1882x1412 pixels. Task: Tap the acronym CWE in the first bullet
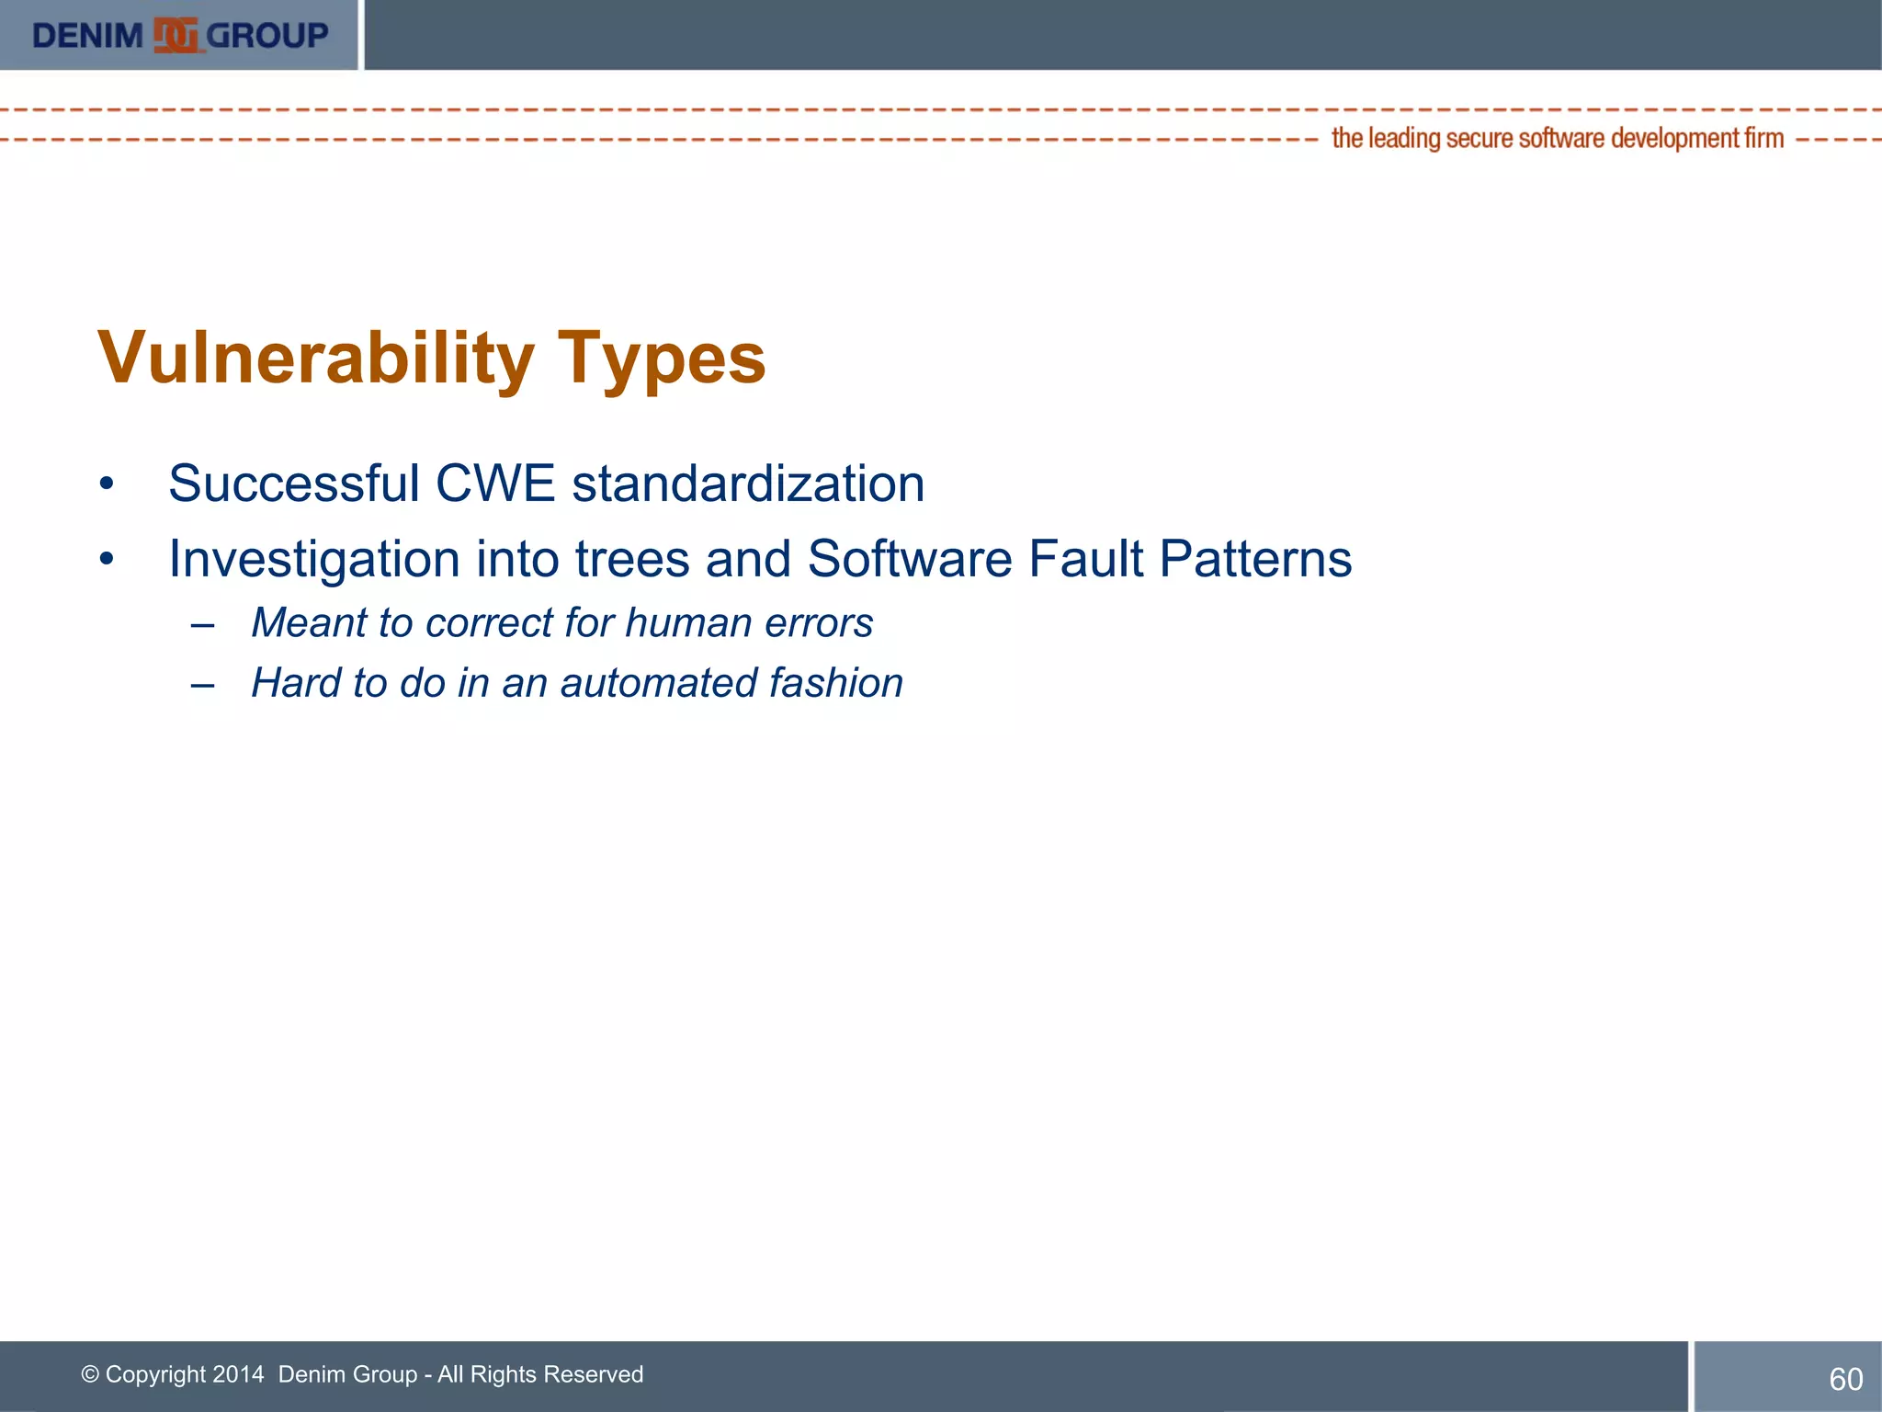click(494, 484)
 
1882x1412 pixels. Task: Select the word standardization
click(748, 484)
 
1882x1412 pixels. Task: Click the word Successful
click(294, 484)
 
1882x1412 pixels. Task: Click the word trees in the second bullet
click(631, 559)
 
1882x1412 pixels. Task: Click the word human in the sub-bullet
click(688, 623)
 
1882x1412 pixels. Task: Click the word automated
click(659, 683)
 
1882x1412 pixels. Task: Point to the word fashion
click(835, 683)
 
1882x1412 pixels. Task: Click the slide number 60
click(1845, 1379)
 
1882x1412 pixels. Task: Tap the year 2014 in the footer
click(237, 1374)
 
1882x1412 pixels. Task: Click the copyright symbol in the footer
click(90, 1374)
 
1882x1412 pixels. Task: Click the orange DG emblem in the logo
click(176, 36)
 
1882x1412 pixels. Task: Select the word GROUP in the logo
click(266, 36)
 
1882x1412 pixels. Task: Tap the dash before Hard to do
click(203, 685)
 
